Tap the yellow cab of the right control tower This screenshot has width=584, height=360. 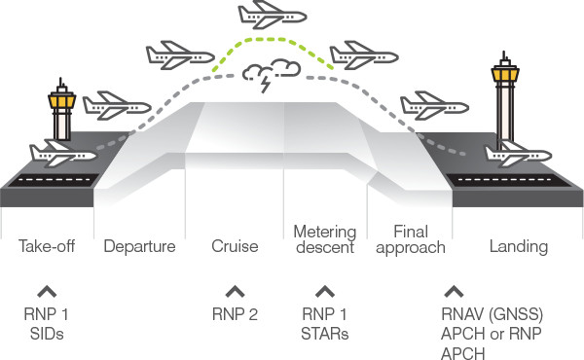(x=503, y=70)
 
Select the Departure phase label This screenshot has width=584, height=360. (x=139, y=247)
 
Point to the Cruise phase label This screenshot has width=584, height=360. (x=234, y=247)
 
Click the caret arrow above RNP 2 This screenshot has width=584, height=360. (x=234, y=290)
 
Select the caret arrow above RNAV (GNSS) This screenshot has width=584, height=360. (x=453, y=290)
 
